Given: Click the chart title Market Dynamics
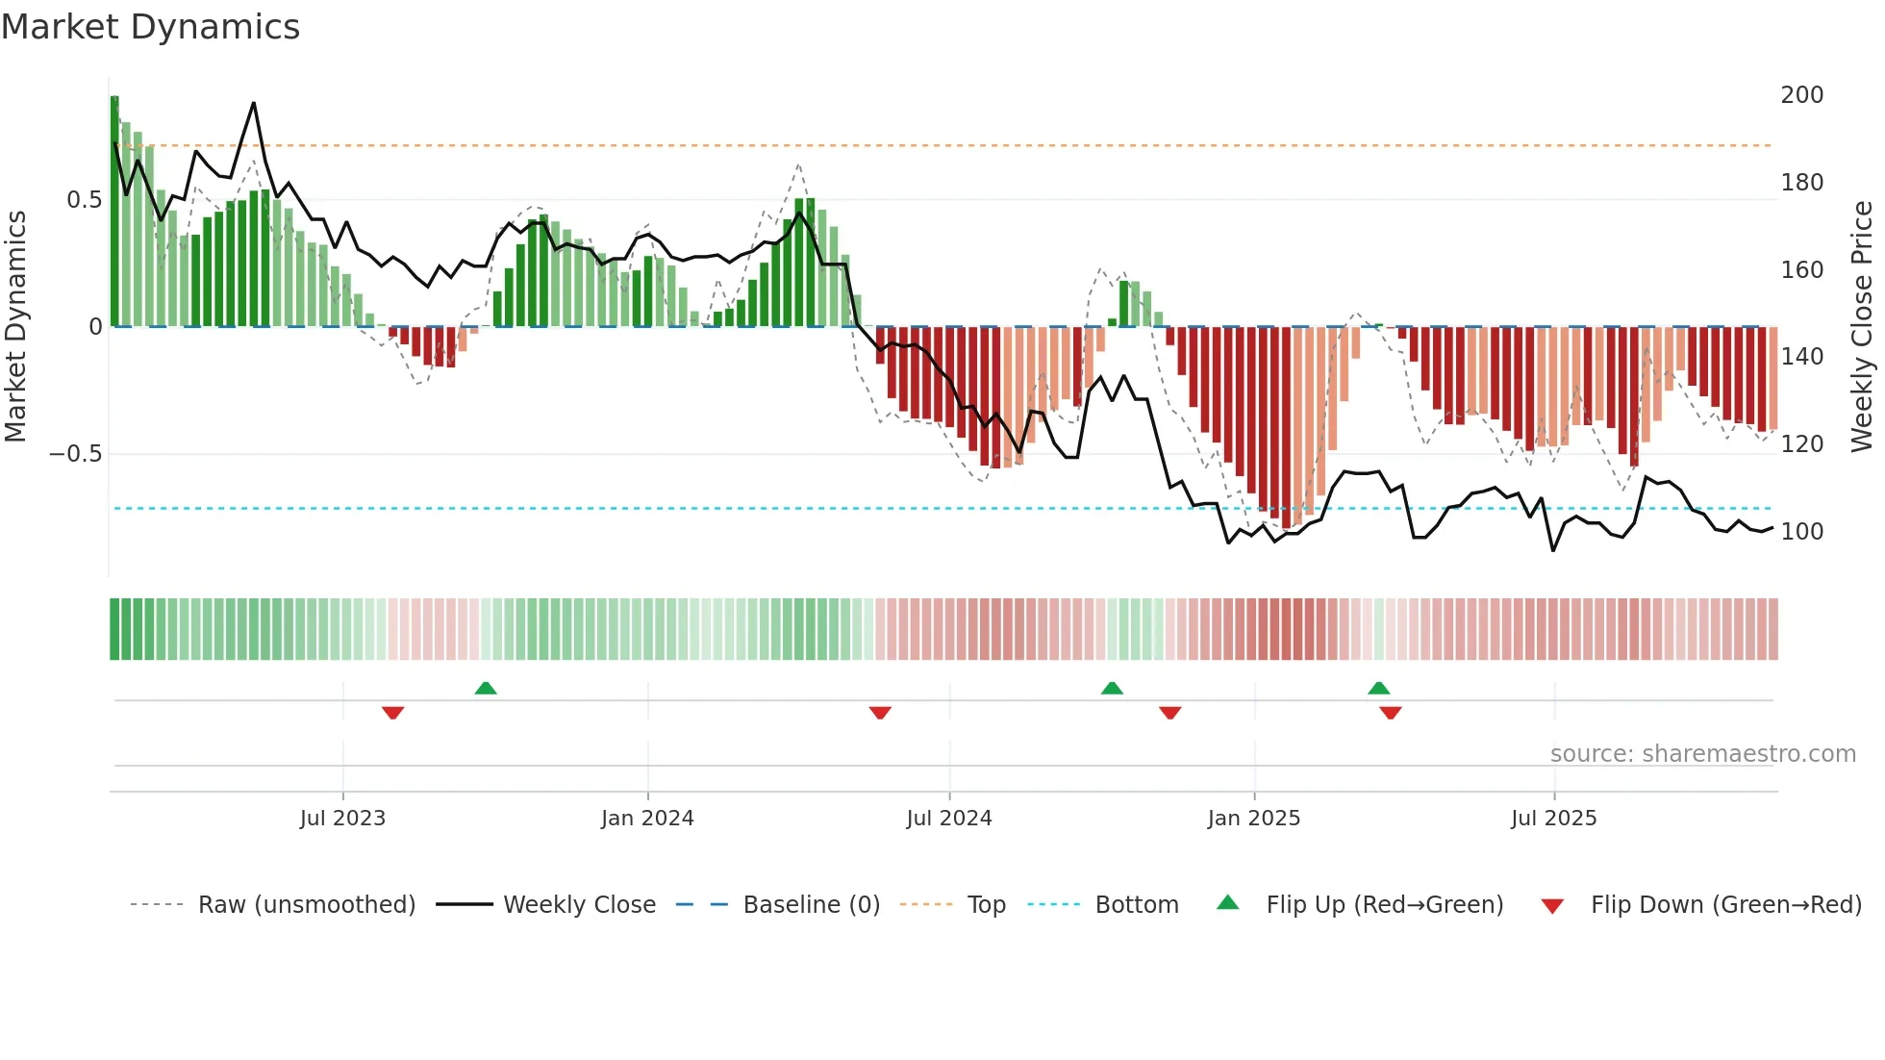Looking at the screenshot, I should pyautogui.click(x=150, y=27).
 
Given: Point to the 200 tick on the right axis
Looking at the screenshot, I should pyautogui.click(x=1801, y=95).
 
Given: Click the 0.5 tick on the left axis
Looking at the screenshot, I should pyautogui.click(x=84, y=200).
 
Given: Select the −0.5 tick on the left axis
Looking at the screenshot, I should pyautogui.click(x=76, y=454).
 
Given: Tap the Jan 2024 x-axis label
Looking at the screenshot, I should pyautogui.click(x=647, y=819).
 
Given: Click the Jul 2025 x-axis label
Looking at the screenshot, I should pyautogui.click(x=1553, y=819).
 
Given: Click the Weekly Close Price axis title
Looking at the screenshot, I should pyautogui.click(x=1862, y=327).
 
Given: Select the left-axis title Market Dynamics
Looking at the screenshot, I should pyautogui.click(x=15, y=327).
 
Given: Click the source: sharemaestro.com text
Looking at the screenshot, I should pyautogui.click(x=1702, y=754).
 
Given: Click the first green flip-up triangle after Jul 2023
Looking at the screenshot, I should pyautogui.click(x=486, y=688).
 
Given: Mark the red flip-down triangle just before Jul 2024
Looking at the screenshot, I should pyautogui.click(x=880, y=713).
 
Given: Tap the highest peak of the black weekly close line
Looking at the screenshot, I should pyautogui.click(x=254, y=103).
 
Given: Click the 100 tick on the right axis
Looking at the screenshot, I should pyautogui.click(x=1801, y=532).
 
